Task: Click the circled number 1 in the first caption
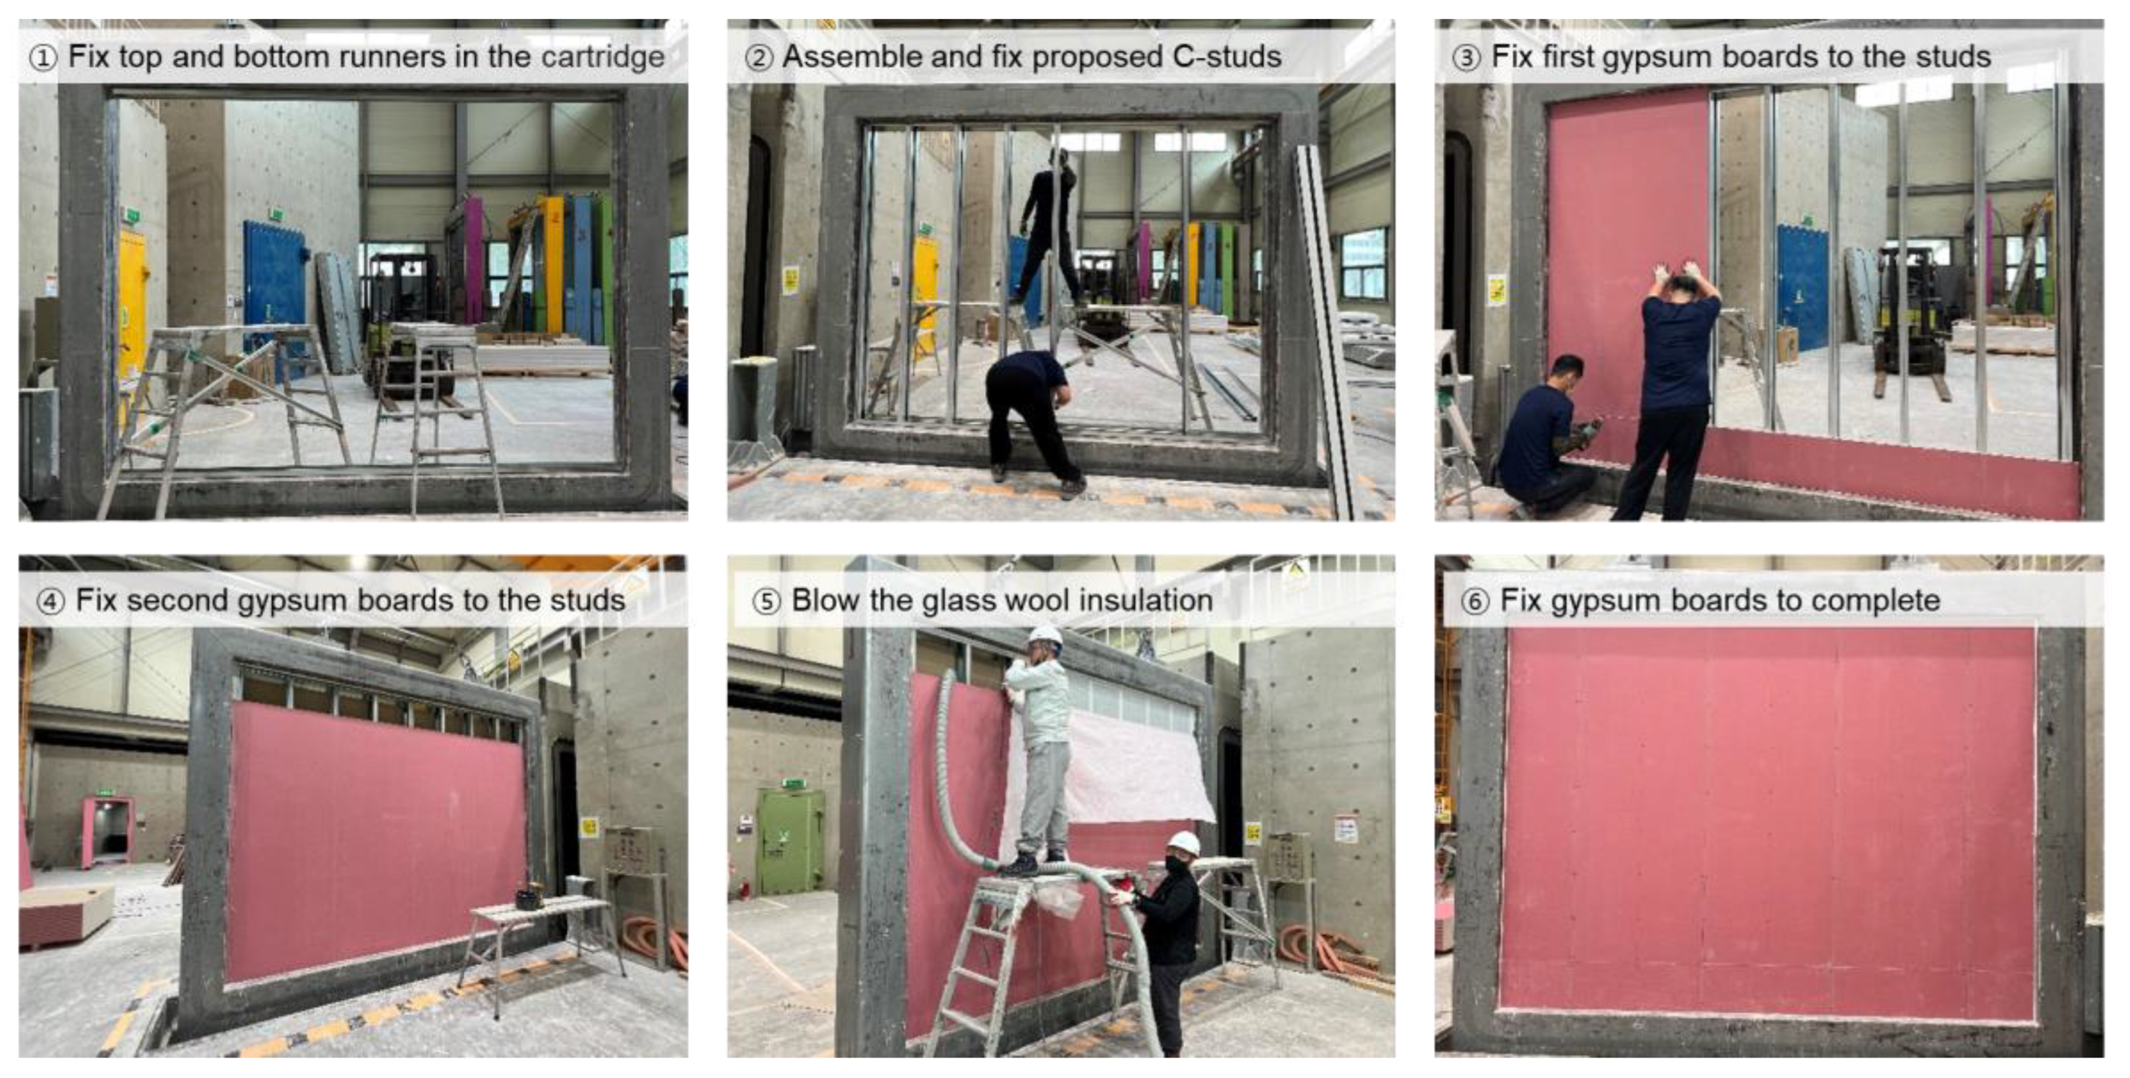pyautogui.click(x=43, y=58)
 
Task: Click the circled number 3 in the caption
pyautogui.click(x=1466, y=58)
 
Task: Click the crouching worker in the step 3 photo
pyautogui.click(x=1545, y=434)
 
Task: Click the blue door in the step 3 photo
pyautogui.click(x=1802, y=286)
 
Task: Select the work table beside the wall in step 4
pyautogui.click(x=542, y=943)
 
